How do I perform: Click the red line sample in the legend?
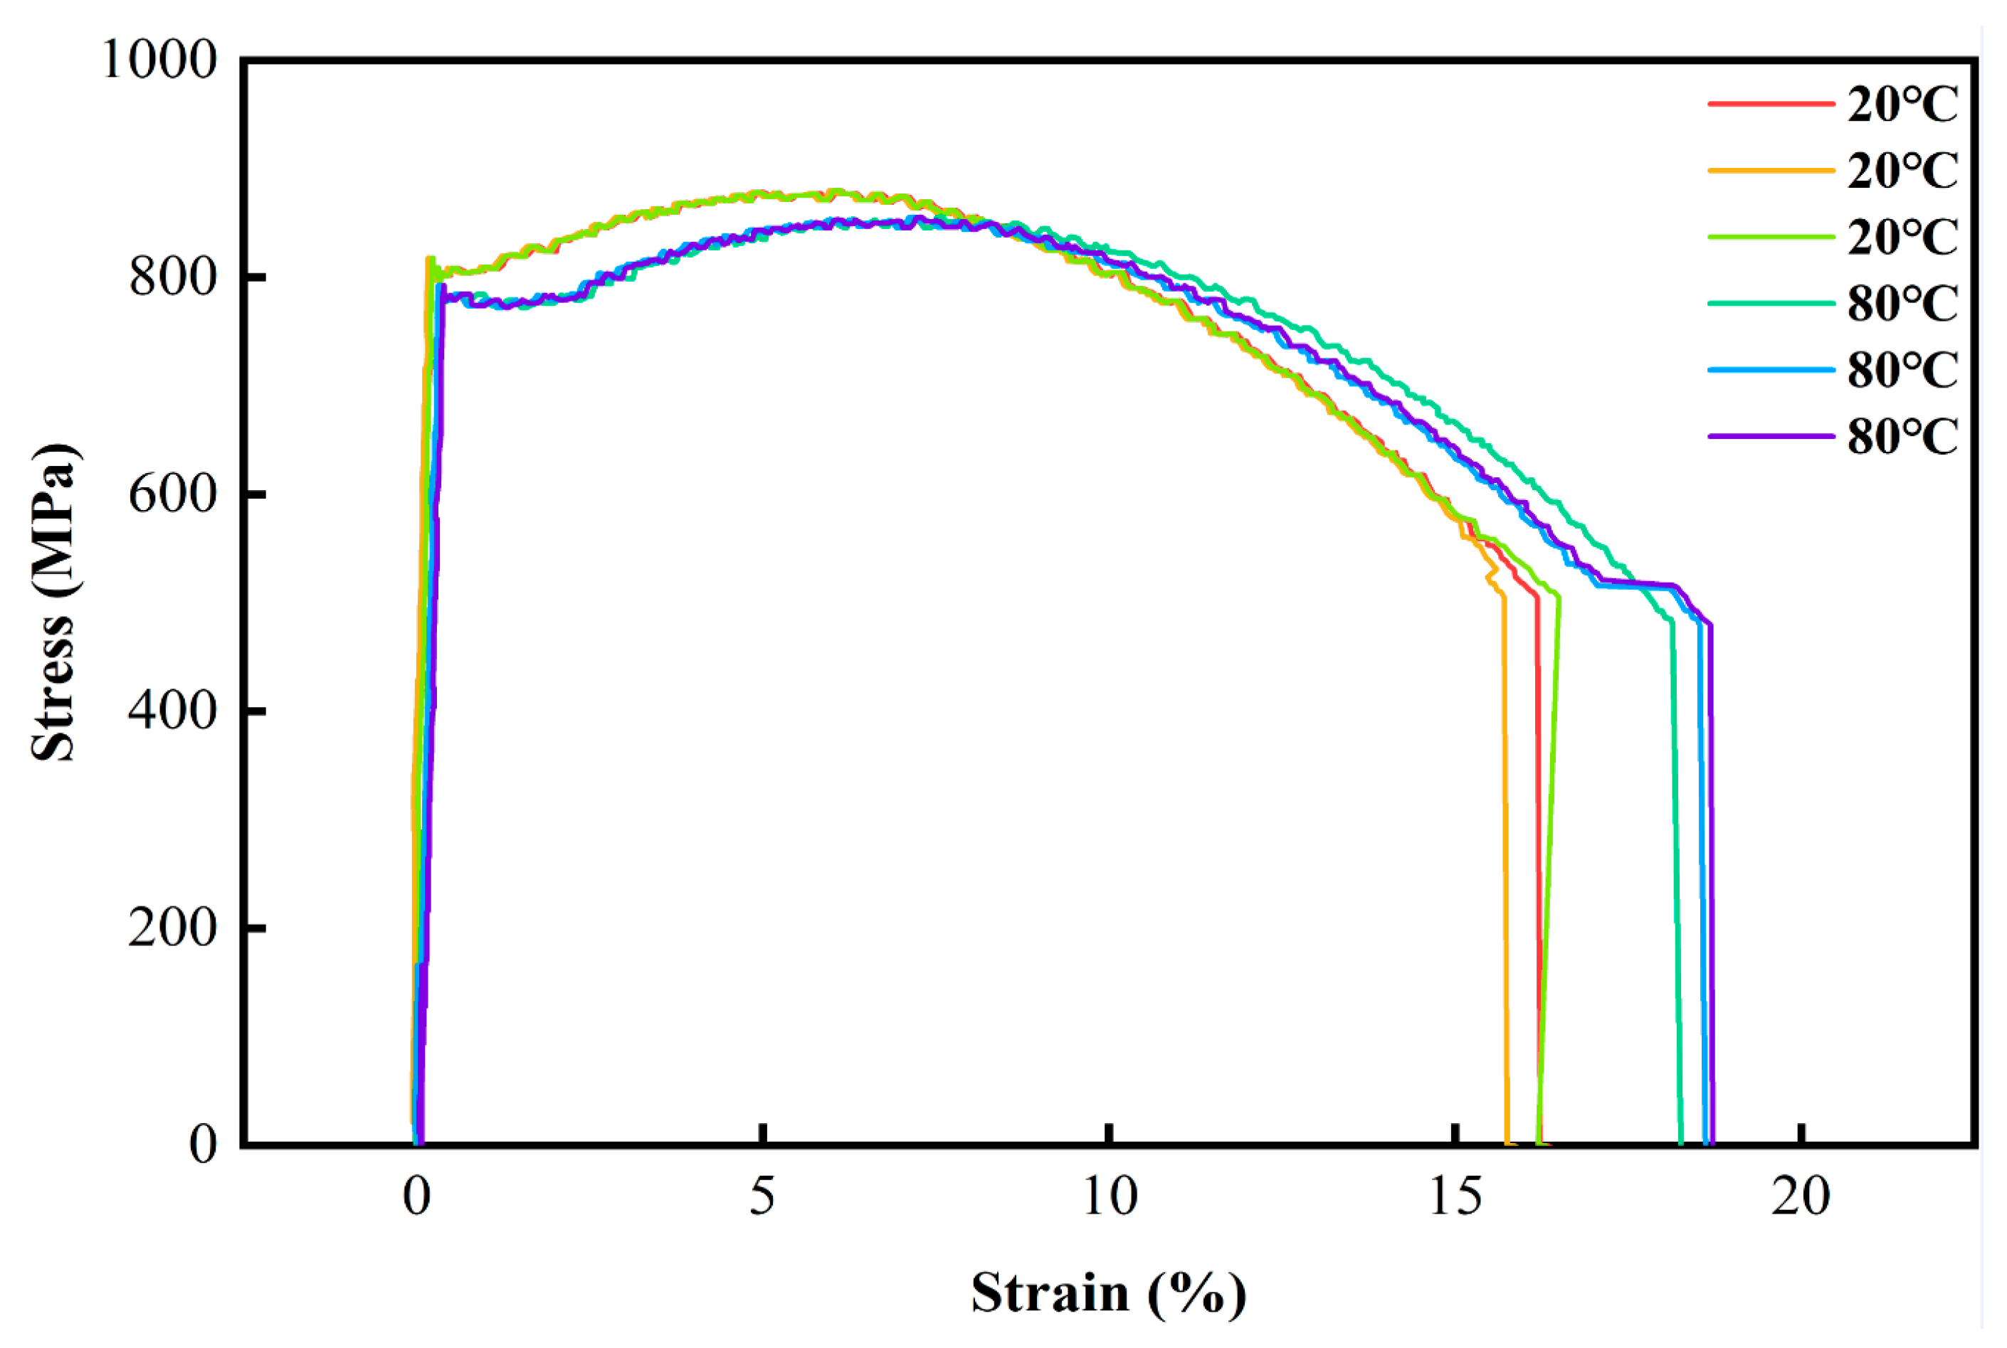pyautogui.click(x=1770, y=104)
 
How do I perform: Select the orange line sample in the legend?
pyautogui.click(x=1770, y=170)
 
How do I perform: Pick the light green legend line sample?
pyautogui.click(x=1770, y=236)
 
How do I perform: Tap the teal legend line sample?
pyautogui.click(x=1770, y=302)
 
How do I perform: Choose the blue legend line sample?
pyautogui.click(x=1770, y=370)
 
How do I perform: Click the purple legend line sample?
pyautogui.click(x=1770, y=436)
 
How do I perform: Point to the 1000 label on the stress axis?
pyautogui.click(x=160, y=60)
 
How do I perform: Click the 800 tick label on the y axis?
pyautogui.click(x=173, y=277)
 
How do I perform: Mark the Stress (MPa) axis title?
pyautogui.click(x=53, y=602)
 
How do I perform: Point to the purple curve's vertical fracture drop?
pyautogui.click(x=1710, y=860)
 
